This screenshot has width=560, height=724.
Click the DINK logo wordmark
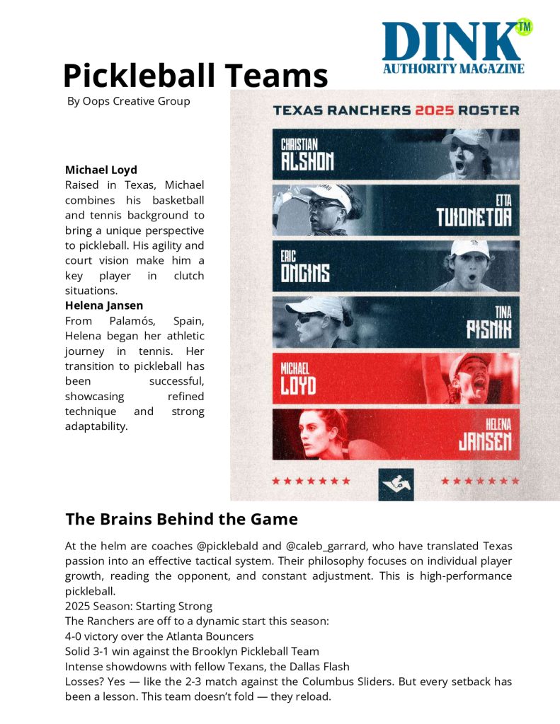[x=450, y=42]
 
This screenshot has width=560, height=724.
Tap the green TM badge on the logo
[x=524, y=27]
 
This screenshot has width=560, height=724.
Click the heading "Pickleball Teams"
[x=195, y=75]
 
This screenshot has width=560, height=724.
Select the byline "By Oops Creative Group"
[x=128, y=101]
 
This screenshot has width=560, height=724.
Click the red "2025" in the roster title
[x=435, y=110]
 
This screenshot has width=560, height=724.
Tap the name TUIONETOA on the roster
[x=473, y=216]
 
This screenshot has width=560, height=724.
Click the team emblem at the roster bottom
[x=396, y=484]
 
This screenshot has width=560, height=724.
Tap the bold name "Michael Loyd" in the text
[x=101, y=170]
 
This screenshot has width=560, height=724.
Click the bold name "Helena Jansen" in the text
[x=104, y=306]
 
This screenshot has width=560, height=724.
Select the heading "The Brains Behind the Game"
[x=181, y=520]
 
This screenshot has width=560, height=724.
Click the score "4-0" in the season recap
[x=76, y=636]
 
